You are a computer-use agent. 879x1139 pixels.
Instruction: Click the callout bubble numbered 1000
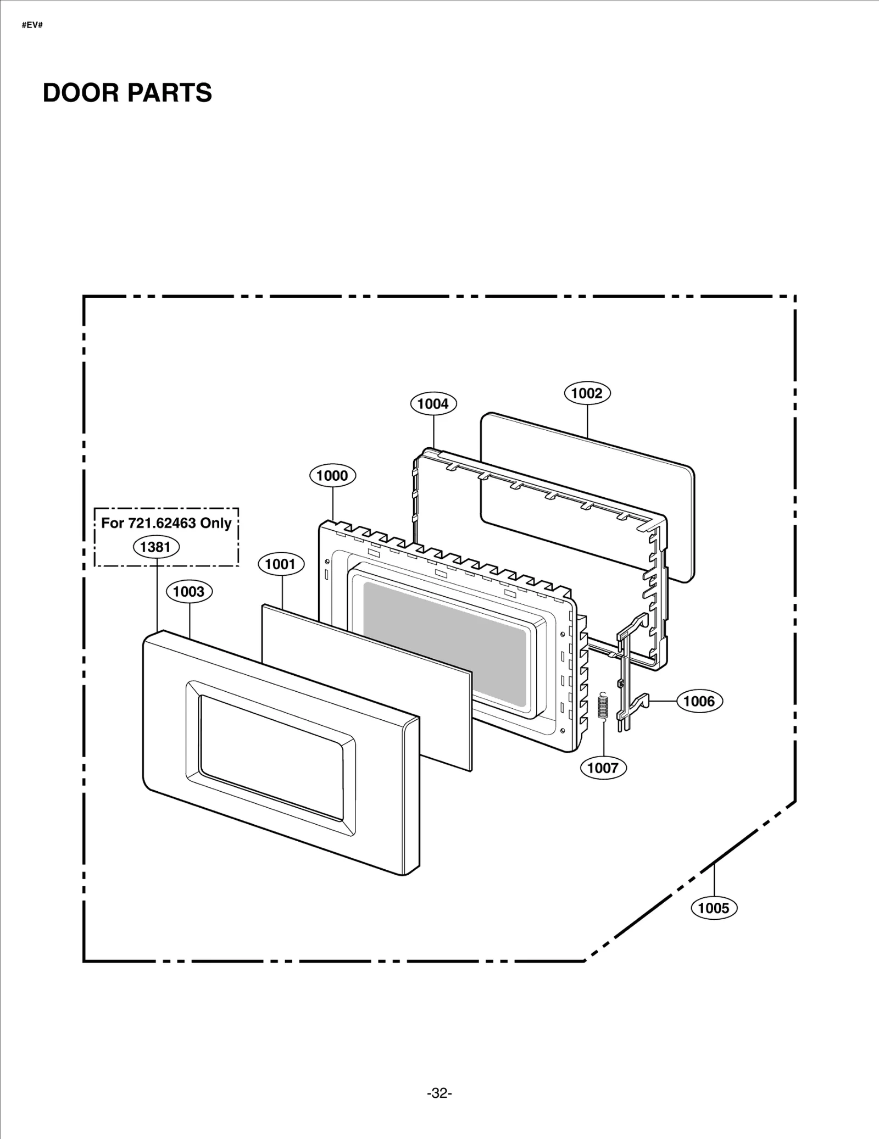tap(332, 476)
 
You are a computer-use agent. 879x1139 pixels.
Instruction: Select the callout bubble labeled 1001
tap(281, 564)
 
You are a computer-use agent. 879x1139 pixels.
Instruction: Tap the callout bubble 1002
tap(587, 393)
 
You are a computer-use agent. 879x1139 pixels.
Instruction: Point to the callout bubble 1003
tap(189, 592)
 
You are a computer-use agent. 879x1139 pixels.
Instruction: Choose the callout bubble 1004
tap(433, 404)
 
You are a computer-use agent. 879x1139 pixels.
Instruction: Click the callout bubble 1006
tap(699, 701)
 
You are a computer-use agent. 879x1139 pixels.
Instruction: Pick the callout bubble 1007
tap(603, 768)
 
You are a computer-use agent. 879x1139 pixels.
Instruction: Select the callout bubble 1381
tap(156, 547)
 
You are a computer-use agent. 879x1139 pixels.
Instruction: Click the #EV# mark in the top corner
tap(32, 25)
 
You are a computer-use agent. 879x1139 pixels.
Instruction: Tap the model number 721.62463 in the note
tap(162, 523)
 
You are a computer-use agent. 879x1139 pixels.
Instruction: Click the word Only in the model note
tap(215, 523)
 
